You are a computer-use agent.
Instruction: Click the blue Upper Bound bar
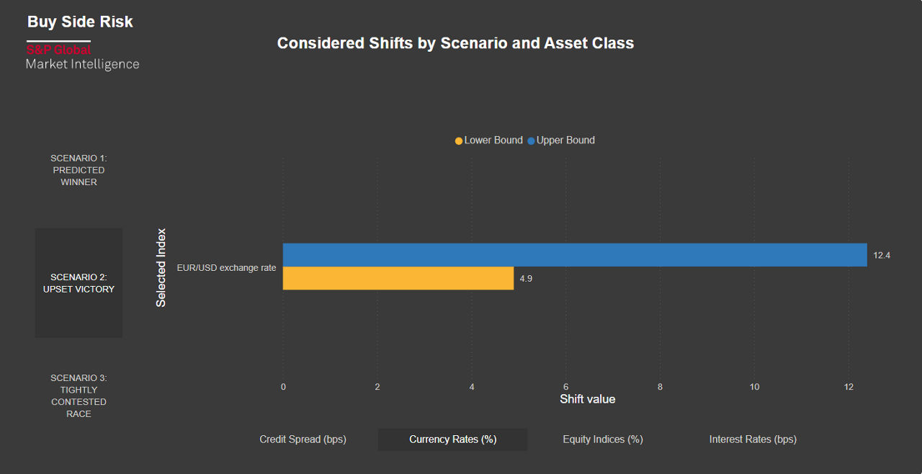coord(574,255)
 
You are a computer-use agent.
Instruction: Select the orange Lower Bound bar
coord(398,278)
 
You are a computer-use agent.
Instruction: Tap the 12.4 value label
coord(882,256)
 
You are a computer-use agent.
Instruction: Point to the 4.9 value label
coord(526,279)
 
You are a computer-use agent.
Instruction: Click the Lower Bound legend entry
coord(489,140)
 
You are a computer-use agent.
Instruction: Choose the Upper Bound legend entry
coord(561,140)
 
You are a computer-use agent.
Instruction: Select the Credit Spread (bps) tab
coord(303,439)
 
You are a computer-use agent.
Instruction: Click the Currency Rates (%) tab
coord(452,439)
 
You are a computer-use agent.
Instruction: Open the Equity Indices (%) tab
coord(602,439)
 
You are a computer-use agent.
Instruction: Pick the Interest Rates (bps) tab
coord(753,439)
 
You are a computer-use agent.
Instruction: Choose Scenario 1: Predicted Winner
coord(79,170)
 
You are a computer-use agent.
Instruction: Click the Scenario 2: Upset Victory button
coord(79,283)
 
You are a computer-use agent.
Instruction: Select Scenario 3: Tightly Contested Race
coord(79,395)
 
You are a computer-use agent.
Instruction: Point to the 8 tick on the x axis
coord(660,387)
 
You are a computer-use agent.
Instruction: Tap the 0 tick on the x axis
coord(283,387)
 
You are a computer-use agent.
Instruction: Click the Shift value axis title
coord(587,399)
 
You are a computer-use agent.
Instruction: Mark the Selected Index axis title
coord(161,268)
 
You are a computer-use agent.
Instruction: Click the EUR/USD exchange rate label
coord(226,267)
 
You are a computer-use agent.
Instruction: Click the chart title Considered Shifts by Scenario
coord(455,43)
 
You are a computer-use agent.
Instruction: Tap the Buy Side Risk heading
coord(80,22)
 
